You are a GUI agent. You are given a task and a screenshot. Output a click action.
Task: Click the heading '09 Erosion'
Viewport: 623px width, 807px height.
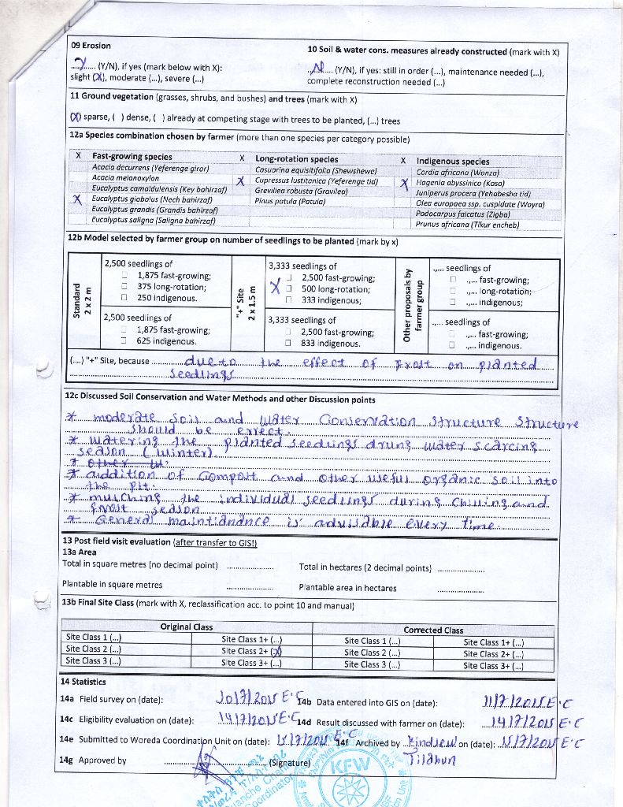[91, 46]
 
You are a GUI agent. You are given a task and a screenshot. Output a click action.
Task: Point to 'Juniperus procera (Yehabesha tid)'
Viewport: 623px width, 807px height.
[473, 193]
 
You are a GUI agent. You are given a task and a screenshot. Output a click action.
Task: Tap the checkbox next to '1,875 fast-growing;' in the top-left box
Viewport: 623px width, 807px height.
[124, 276]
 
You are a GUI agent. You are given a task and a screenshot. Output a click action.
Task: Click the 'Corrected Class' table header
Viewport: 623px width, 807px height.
[433, 630]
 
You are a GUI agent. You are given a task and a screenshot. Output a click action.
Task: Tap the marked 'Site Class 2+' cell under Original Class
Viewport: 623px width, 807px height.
[252, 651]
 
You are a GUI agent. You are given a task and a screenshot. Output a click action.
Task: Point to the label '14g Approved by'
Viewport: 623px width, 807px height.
[93, 761]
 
